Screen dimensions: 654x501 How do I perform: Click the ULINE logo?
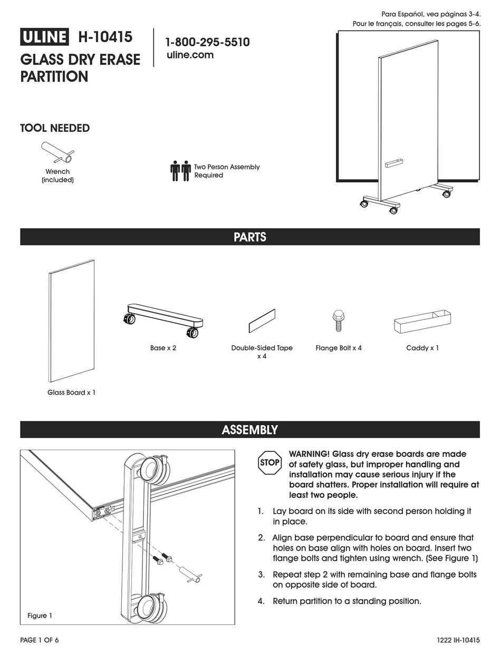coord(44,37)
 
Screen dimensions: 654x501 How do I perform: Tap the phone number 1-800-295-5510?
coord(207,42)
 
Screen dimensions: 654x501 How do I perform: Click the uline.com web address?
coord(190,55)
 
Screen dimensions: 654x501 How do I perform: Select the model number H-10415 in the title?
coord(105,37)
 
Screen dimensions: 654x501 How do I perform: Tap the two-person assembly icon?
coord(180,171)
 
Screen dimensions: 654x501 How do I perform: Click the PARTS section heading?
coord(250,237)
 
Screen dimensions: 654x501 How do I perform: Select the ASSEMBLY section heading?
coord(250,430)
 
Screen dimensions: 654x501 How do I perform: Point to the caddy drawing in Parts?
coord(422,321)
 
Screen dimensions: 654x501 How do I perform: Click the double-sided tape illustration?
coord(262,321)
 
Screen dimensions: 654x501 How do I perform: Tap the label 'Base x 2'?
coord(163,348)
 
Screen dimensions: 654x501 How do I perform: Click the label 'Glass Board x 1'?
coord(72,393)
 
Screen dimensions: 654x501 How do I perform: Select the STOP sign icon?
coord(269,463)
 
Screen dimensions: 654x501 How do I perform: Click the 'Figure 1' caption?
coord(40,616)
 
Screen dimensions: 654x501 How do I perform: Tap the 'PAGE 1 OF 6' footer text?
coord(40,640)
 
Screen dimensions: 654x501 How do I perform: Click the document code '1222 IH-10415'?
coord(458,640)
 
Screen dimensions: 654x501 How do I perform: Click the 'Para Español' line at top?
coord(430,14)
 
